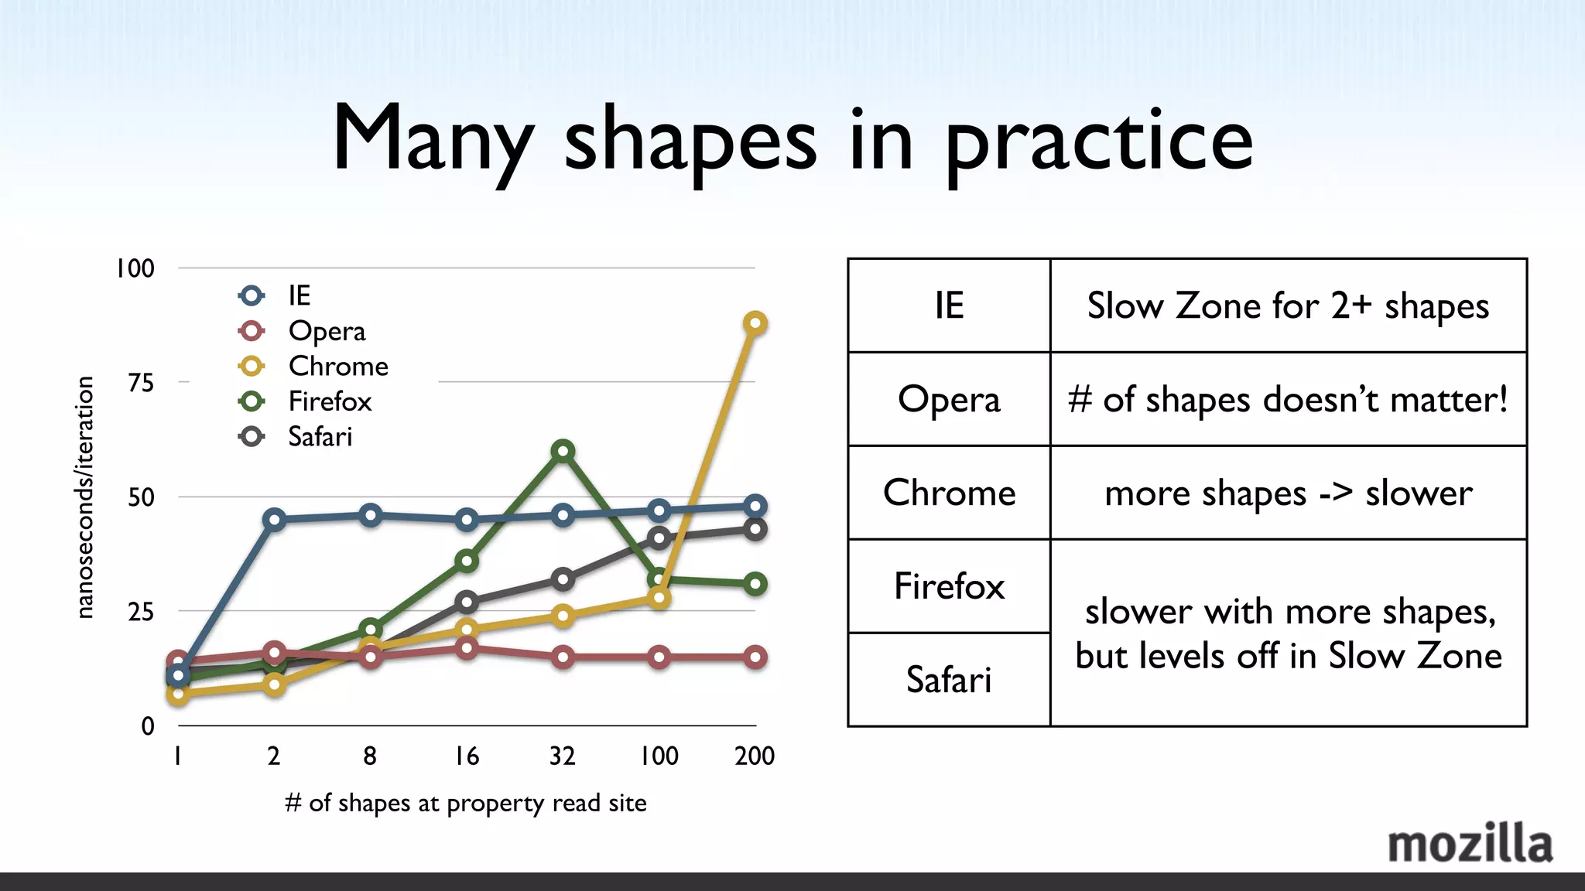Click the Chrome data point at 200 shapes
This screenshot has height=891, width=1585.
coord(755,323)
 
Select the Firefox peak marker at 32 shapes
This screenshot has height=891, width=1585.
coord(563,451)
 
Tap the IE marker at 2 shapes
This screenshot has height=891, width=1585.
coord(274,519)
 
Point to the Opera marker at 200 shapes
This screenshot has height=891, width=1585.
coord(755,657)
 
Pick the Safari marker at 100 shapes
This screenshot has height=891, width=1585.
coord(659,538)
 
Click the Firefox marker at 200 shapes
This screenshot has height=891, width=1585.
coord(755,584)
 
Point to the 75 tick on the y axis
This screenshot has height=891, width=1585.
coord(141,382)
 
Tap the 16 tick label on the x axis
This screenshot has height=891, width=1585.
coord(467,756)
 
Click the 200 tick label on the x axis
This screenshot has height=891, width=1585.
coord(755,756)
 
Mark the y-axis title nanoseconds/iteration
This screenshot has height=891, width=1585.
coord(85,497)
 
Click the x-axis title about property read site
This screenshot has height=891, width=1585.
coord(466,803)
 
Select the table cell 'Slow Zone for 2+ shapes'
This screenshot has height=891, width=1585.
coord(1288,306)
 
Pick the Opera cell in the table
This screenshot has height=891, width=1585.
coord(949,399)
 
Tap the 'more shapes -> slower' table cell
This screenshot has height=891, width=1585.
coord(1288,493)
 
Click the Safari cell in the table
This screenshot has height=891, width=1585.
coord(949,680)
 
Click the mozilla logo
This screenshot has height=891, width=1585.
coord(1469,845)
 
